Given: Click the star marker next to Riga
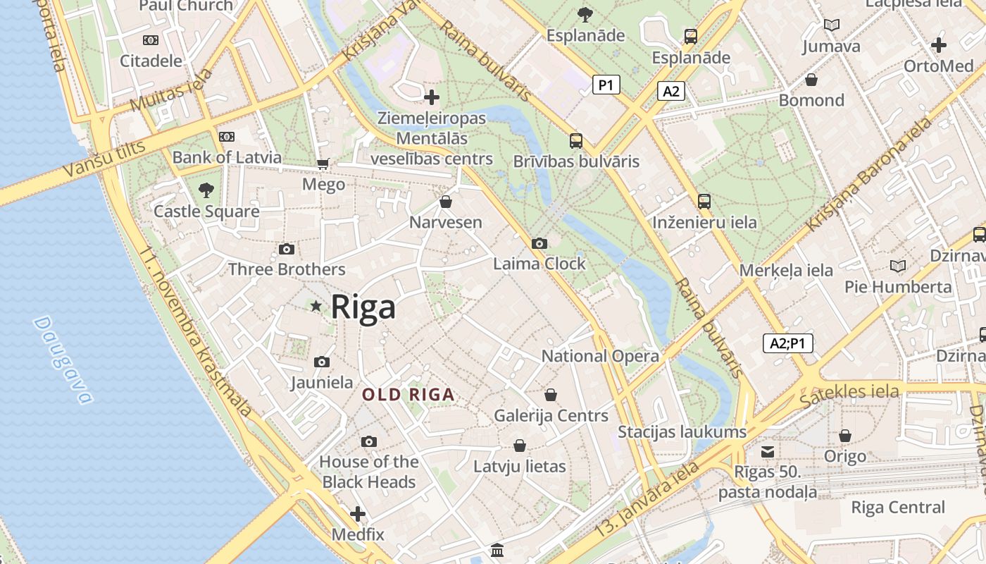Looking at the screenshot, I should tap(316, 306).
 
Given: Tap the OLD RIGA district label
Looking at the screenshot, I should tap(408, 395).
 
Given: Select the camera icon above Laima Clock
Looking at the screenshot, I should tap(539, 243).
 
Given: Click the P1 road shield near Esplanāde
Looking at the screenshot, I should tap(606, 85).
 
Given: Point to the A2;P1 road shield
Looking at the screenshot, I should tap(788, 343).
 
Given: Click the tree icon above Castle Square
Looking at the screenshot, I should tap(206, 190).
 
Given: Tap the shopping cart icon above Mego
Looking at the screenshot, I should tap(323, 164).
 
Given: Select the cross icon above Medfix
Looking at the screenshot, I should tap(358, 513).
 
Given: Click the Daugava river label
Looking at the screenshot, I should tap(63, 360).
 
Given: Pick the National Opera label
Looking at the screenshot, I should tap(600, 356).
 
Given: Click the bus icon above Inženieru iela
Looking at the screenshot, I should tap(704, 202).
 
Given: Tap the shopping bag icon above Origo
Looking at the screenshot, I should tap(844, 436).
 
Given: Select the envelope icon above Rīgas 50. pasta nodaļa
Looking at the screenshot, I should tap(768, 451).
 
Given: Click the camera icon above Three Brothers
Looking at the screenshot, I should tap(286, 249).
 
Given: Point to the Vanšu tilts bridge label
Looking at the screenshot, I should tap(104, 159).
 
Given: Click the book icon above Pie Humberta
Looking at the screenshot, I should tap(897, 266).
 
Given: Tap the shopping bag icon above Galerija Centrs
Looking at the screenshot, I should tap(551, 395).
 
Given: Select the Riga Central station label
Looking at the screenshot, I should tap(898, 507).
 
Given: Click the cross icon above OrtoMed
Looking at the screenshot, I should tap(938, 45).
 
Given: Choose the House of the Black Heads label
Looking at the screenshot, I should tap(368, 472).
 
